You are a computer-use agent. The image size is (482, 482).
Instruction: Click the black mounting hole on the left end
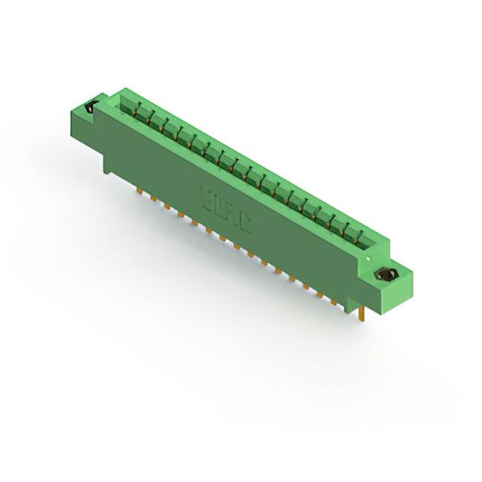click(91, 107)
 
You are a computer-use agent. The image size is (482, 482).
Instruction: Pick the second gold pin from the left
click(152, 199)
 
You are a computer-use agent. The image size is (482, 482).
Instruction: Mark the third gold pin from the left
click(166, 206)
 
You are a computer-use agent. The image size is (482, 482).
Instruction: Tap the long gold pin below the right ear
click(365, 311)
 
